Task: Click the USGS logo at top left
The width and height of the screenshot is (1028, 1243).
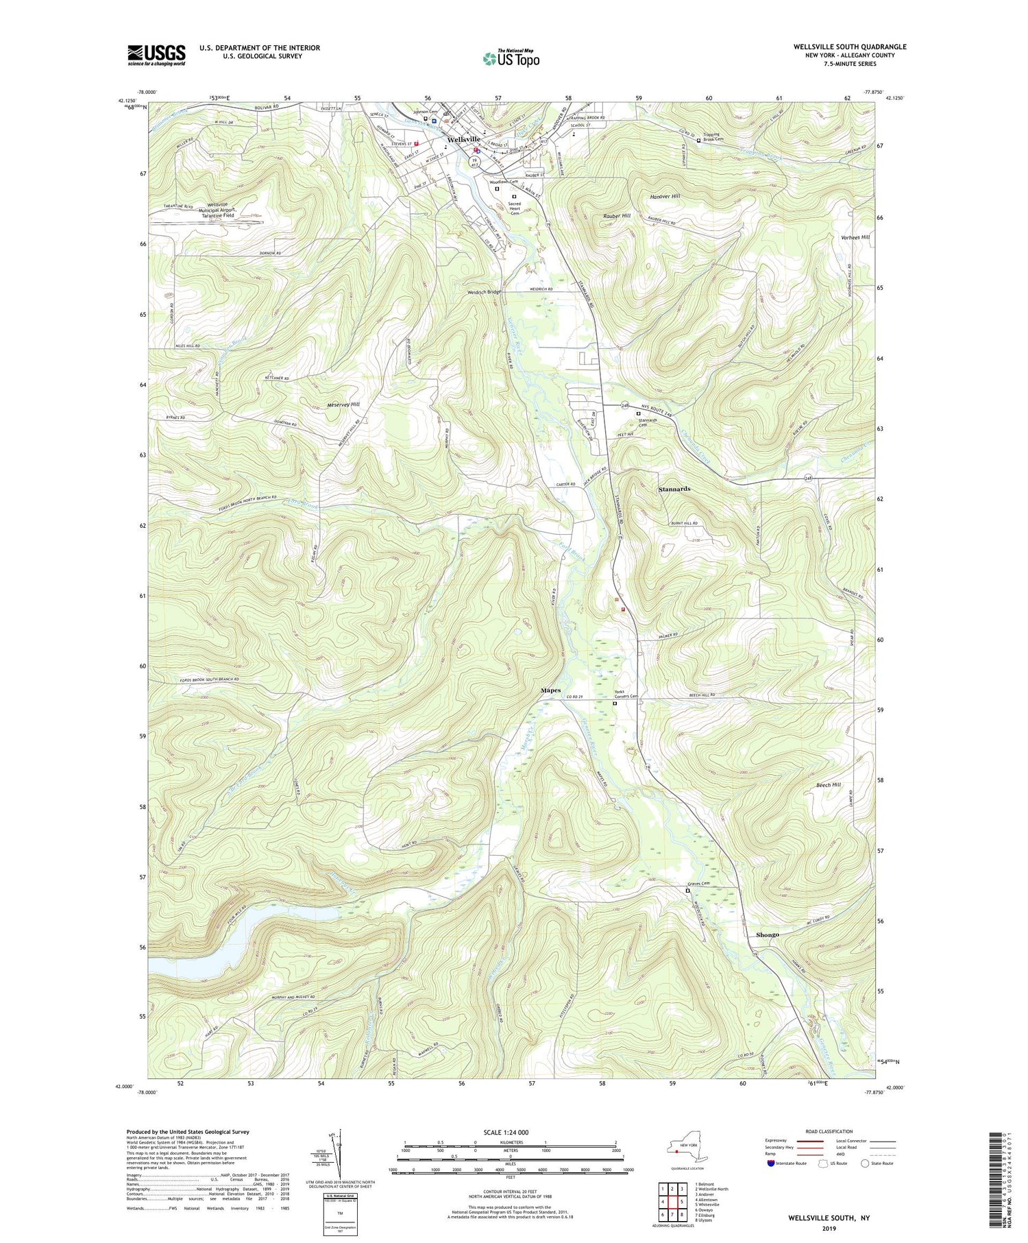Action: point(156,55)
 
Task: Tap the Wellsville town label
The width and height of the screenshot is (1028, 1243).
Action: point(463,139)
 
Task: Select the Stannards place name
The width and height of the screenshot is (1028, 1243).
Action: point(674,489)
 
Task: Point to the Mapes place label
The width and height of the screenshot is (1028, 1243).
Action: point(550,690)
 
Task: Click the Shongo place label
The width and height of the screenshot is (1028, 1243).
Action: point(767,934)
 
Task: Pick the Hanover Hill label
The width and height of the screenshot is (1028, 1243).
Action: point(664,197)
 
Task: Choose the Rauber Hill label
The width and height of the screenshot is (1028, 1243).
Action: point(617,216)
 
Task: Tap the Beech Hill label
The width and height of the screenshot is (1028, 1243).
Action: point(828,785)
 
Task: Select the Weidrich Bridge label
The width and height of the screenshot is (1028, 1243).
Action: point(485,291)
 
